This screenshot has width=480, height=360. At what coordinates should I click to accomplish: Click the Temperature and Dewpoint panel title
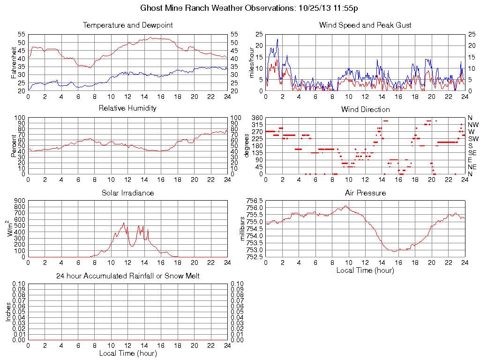click(127, 25)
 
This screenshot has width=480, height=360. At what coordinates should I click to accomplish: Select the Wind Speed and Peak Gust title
click(365, 25)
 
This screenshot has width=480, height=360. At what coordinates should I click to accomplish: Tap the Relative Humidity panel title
click(127, 108)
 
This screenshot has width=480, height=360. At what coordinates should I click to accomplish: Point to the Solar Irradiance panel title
click(127, 193)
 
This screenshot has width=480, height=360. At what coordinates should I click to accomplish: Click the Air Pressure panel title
click(365, 193)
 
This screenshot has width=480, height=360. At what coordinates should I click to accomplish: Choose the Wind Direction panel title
click(365, 109)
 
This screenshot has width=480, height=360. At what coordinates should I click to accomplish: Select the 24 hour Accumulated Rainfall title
click(127, 276)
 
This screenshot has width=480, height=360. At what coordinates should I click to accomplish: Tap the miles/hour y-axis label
click(251, 62)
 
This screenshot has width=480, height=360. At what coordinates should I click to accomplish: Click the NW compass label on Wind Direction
click(473, 125)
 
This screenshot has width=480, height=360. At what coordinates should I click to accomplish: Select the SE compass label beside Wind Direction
click(472, 153)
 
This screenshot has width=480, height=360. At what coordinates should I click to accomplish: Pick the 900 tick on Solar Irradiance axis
click(20, 200)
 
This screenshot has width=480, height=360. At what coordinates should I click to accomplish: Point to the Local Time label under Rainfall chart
click(127, 353)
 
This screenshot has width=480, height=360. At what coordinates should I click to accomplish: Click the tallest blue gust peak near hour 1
click(277, 39)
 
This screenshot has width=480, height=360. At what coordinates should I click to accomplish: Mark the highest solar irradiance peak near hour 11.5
click(124, 223)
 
